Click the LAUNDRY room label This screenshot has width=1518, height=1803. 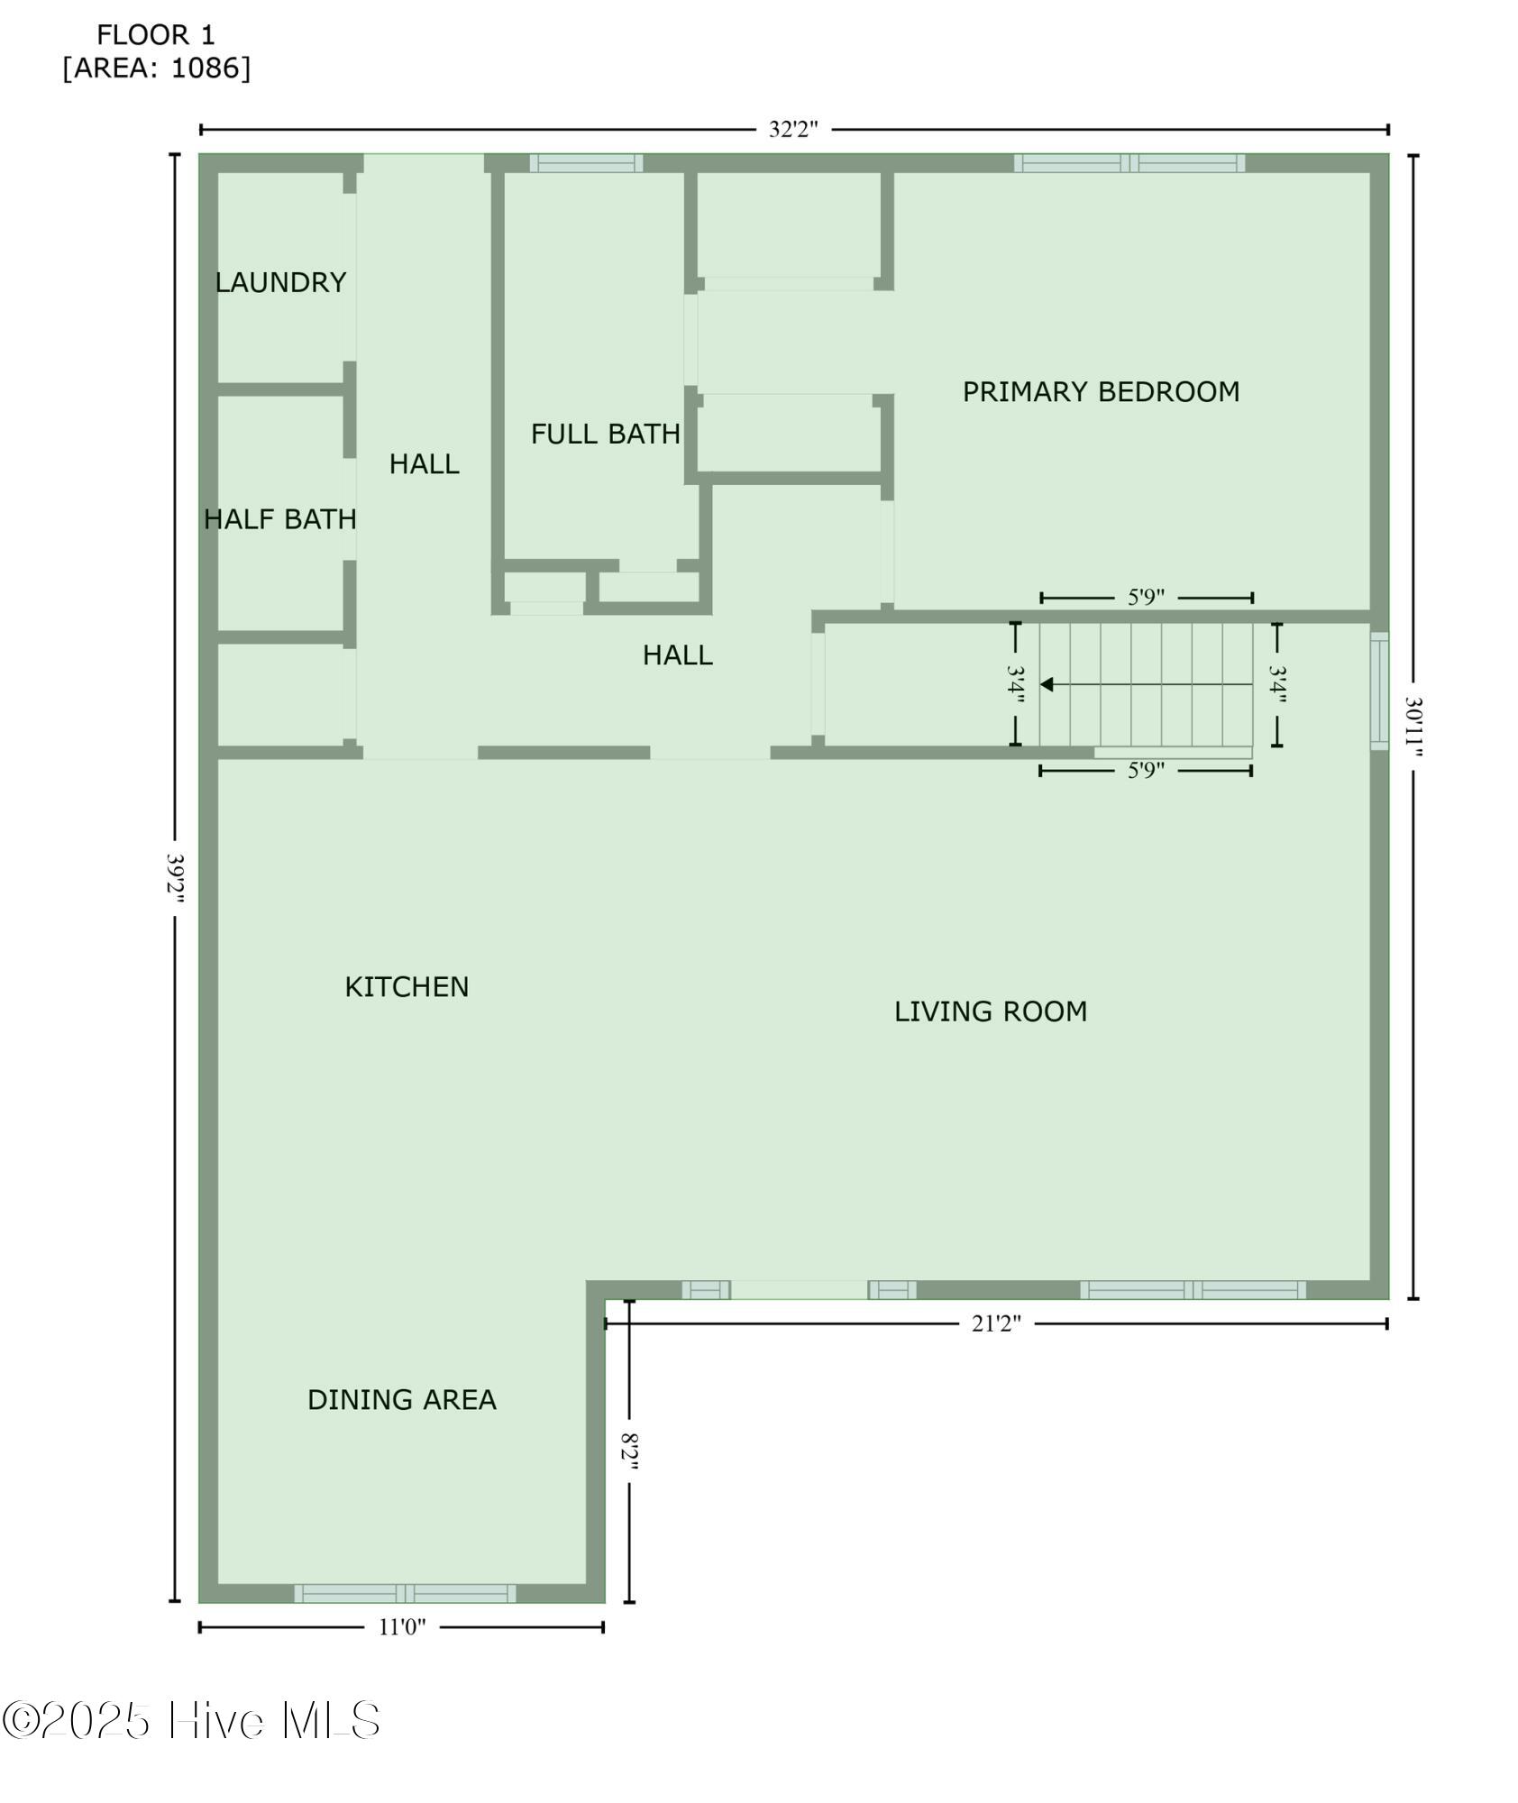[x=280, y=282]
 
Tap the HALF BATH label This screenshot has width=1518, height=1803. [x=280, y=519]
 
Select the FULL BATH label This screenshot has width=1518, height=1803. [x=605, y=435]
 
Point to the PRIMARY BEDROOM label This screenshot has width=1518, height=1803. [x=1101, y=392]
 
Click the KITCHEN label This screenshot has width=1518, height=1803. [x=407, y=987]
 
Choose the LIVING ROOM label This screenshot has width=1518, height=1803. [x=991, y=1011]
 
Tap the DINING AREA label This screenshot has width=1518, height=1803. [x=402, y=1399]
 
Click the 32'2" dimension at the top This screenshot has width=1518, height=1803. [x=793, y=129]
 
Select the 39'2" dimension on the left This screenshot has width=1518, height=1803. [x=176, y=878]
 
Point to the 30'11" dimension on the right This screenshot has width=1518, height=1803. [x=1413, y=727]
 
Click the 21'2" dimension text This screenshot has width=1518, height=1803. [x=996, y=1323]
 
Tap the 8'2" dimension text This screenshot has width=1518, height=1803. [x=629, y=1451]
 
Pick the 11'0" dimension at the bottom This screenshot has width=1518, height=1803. [x=402, y=1626]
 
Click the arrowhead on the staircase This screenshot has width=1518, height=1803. [x=1047, y=684]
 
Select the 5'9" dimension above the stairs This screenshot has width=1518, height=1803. [x=1147, y=597]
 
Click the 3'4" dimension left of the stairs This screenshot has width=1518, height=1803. [x=1016, y=684]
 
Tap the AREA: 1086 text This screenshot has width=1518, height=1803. [x=157, y=68]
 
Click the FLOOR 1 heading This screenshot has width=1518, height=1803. [x=156, y=35]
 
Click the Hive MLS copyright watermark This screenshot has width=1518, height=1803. [x=190, y=1720]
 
